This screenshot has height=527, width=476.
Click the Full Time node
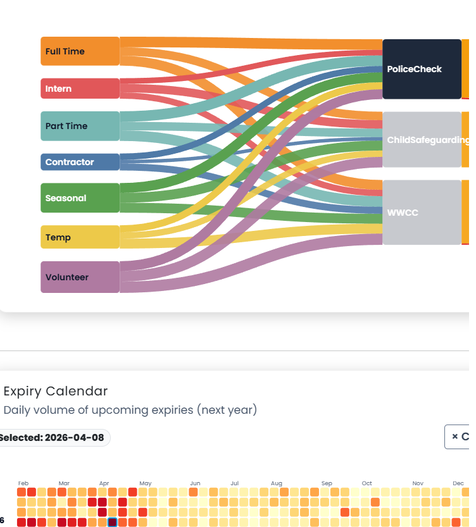point(80,51)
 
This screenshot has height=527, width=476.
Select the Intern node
point(80,89)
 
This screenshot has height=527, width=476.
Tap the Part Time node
point(80,126)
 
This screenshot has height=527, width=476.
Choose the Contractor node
point(80,162)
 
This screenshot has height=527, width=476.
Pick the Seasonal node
point(80,198)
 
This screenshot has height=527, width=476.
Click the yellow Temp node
point(80,237)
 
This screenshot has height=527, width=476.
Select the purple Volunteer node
point(80,277)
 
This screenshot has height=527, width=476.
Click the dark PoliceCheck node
point(422,69)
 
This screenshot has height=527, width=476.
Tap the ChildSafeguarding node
point(422,140)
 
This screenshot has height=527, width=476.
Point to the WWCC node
point(422,213)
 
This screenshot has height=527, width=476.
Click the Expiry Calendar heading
point(56,391)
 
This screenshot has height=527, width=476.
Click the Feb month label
point(23,483)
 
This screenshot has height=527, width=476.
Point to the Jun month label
point(195,483)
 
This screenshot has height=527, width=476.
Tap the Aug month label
point(276,483)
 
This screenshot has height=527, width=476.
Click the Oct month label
point(366,483)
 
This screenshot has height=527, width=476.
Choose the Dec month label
point(458,483)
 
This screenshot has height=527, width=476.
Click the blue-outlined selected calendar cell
point(113,522)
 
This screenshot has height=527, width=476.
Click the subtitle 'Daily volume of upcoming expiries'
point(130,410)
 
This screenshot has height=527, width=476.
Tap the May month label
point(145,483)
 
